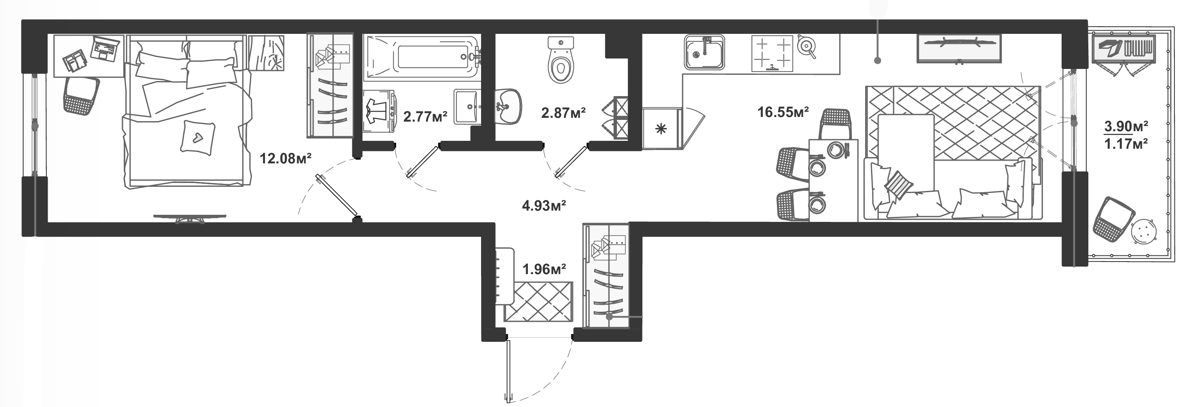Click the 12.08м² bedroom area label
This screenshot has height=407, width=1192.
285,159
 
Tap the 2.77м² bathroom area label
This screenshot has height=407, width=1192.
425,116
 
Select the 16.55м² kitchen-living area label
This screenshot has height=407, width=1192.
783,112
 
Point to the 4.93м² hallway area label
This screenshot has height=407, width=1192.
544,205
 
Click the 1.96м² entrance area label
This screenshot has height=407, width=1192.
544,269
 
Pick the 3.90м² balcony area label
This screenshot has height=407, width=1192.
1126,126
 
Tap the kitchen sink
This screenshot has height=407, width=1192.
704,53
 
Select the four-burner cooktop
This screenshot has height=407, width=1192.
772,53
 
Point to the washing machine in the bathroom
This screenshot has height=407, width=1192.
378,112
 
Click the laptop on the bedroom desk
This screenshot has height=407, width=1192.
105,48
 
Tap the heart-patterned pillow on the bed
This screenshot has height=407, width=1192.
198,137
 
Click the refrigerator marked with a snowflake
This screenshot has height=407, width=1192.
661,129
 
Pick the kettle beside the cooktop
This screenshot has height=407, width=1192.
807,46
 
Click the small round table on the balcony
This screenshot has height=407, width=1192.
1144,231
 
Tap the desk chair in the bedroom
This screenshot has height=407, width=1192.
82,96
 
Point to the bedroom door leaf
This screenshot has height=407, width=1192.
337,196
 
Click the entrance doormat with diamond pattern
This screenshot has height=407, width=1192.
538,302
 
